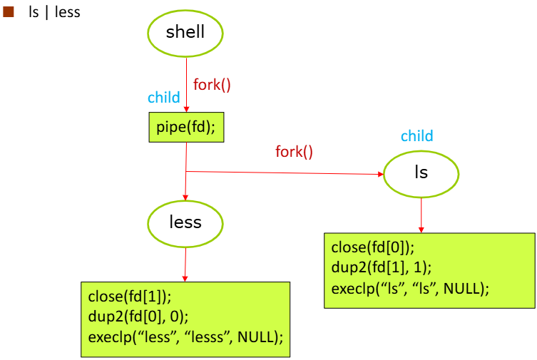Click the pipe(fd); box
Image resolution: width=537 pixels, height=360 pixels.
point(186,128)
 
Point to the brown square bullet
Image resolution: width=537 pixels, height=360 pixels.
point(9,12)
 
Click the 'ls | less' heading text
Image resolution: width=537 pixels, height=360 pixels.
point(54,13)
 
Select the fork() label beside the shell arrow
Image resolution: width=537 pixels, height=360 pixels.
point(212,85)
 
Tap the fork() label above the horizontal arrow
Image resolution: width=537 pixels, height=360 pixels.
point(295,152)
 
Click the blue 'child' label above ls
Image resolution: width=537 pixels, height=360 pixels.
point(416,136)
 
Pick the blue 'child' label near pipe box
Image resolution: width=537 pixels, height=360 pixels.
point(164,98)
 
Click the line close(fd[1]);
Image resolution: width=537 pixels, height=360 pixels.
point(130,297)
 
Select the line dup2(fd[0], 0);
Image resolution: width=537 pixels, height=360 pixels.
point(138,317)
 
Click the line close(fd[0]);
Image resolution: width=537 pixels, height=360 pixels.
point(372,247)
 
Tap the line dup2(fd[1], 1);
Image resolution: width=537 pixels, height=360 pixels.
point(381,267)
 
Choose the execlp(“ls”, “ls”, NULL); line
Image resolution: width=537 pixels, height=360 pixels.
point(410,289)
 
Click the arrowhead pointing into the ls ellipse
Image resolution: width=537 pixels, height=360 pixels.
point(381,174)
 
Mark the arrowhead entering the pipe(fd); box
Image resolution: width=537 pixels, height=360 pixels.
point(186,109)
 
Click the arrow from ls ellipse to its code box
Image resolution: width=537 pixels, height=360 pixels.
point(421,215)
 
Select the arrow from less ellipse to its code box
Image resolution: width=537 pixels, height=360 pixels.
point(185,265)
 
